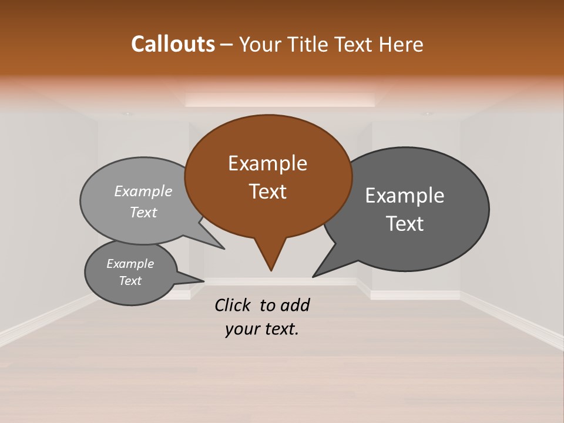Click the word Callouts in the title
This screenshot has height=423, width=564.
pyautogui.click(x=173, y=44)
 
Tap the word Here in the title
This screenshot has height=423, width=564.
pyautogui.click(x=401, y=44)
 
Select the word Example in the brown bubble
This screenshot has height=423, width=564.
pyautogui.click(x=267, y=163)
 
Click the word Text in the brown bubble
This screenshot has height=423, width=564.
pyautogui.click(x=267, y=192)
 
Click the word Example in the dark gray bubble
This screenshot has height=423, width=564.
pyautogui.click(x=405, y=196)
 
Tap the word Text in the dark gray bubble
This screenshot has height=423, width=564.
pyautogui.click(x=405, y=224)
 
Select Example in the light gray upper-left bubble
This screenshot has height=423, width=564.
pyautogui.click(x=143, y=191)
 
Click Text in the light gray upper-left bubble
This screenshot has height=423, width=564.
pyautogui.click(x=143, y=212)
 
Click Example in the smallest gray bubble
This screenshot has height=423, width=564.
pyautogui.click(x=130, y=264)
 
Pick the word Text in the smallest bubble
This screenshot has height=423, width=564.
pyautogui.click(x=130, y=281)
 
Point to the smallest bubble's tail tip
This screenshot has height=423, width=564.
pyautogui.click(x=203, y=280)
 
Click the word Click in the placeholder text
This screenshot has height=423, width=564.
pyautogui.click(x=233, y=305)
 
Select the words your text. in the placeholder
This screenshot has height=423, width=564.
pyautogui.click(x=261, y=329)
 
